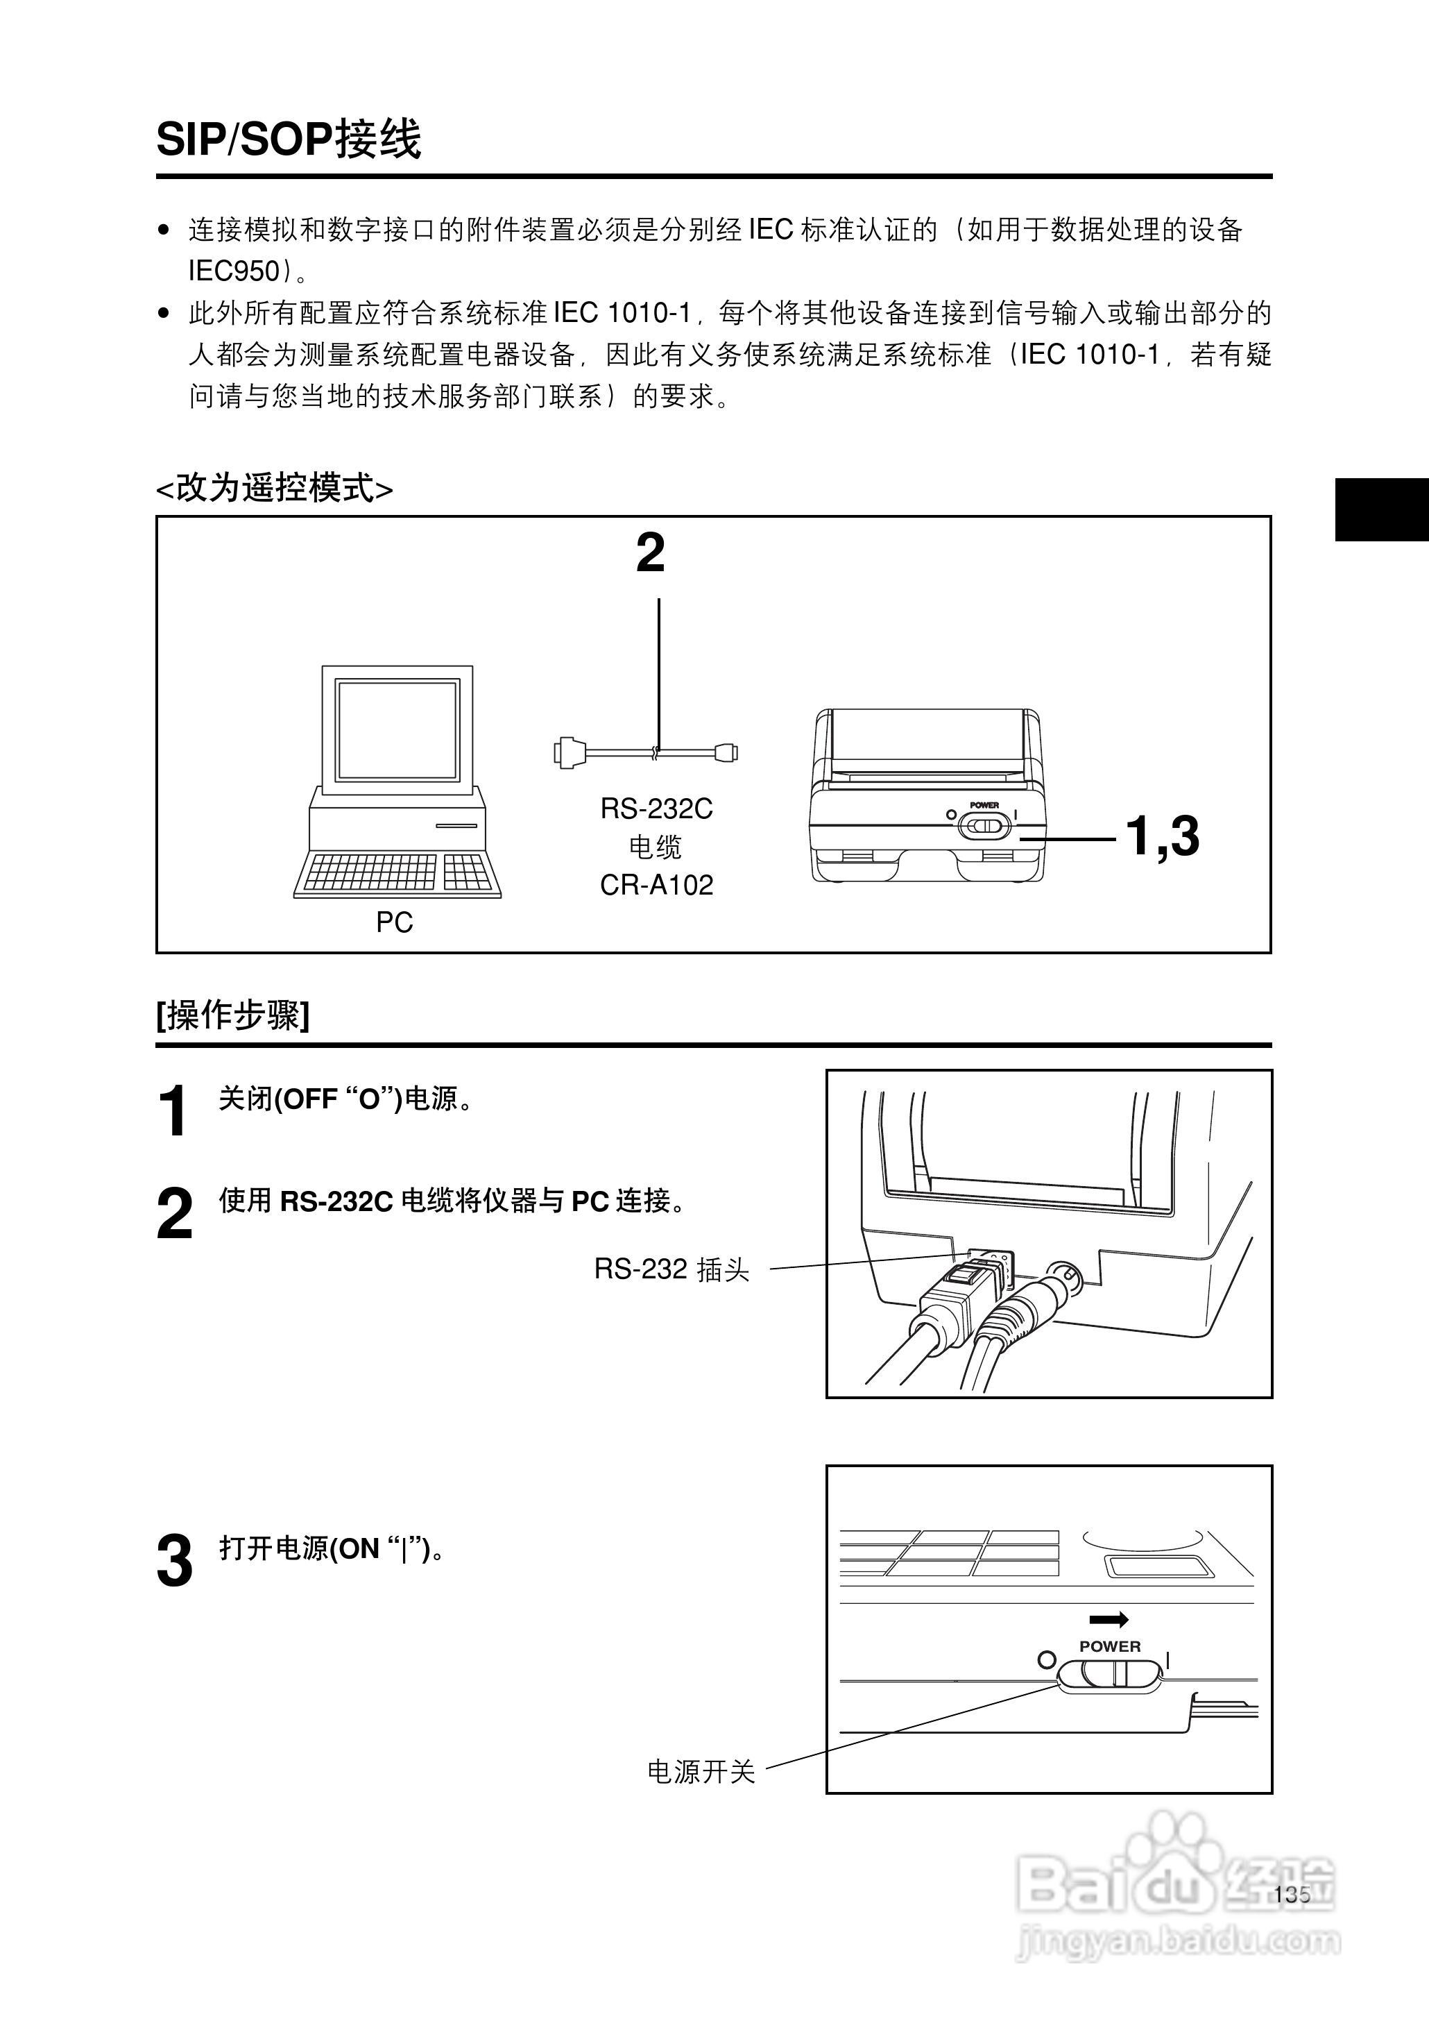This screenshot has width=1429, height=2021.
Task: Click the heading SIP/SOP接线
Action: tap(289, 139)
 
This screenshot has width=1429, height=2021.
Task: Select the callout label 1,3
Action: tap(1163, 836)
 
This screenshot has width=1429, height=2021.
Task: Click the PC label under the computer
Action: tap(394, 922)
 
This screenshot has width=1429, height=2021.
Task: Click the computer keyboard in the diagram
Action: tap(397, 873)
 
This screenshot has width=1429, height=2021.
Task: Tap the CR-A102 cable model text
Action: tap(656, 885)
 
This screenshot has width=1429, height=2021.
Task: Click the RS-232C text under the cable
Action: tap(656, 808)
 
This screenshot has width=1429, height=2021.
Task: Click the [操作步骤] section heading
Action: tap(233, 1015)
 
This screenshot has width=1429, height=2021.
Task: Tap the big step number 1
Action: tap(173, 1111)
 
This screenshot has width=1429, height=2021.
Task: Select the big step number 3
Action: tap(174, 1562)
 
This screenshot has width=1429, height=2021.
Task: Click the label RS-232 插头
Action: tap(671, 1269)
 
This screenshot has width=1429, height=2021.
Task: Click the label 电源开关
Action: tap(701, 1771)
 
